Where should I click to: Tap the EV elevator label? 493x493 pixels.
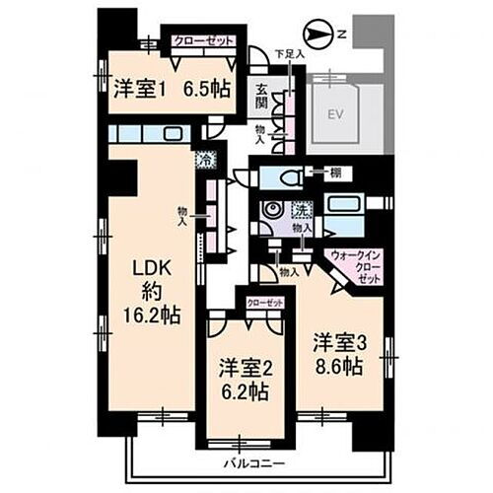[339, 112]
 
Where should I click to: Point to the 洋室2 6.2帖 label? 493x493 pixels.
[245, 380]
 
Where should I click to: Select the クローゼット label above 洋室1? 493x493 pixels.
[203, 40]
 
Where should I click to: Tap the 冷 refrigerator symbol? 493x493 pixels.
[205, 159]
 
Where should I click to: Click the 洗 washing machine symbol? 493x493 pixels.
[302, 209]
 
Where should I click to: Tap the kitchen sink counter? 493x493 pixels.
[148, 134]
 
